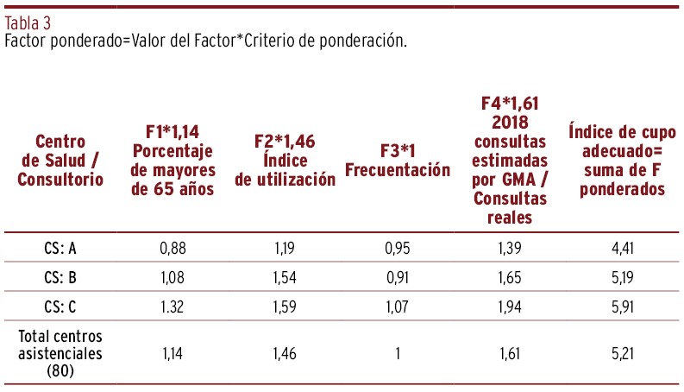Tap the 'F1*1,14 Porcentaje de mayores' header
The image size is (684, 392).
[x=173, y=161]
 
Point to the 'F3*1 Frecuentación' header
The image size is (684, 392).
[x=397, y=161]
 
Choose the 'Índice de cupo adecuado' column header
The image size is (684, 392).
[x=622, y=161]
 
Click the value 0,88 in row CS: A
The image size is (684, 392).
[x=173, y=250]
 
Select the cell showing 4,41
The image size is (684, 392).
[x=622, y=250]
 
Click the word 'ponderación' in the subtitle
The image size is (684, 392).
[x=367, y=41]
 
